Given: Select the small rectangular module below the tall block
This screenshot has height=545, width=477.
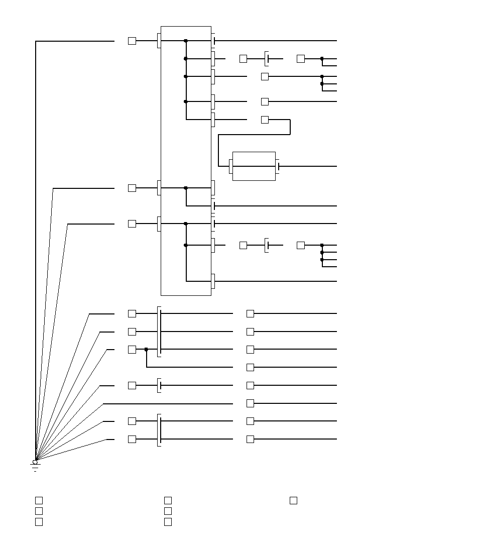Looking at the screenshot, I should coord(254,166).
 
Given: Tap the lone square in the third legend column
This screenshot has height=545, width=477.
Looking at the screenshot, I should coord(293,500).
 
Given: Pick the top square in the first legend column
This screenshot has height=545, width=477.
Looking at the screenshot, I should coord(39,500).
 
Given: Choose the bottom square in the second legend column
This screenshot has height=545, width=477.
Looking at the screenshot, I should coord(168,521).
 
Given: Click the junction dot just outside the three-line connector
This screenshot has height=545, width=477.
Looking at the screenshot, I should coord(146,349).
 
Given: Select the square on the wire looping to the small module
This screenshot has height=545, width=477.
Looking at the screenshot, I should coord(265,120).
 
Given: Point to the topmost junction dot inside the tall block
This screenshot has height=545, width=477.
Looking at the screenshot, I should coord(186,41).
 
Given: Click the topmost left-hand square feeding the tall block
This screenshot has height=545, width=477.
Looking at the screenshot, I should coord(132,41).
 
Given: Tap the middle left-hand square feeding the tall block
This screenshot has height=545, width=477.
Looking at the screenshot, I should coord(132,188).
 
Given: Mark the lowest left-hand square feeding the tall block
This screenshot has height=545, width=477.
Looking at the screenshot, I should coord(132,224).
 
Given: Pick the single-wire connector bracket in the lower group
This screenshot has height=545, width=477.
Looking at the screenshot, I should coord(159,385).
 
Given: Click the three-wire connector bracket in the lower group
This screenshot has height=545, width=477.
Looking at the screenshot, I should coord(159,332).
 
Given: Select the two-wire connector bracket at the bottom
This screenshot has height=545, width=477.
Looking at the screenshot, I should coord(159,430).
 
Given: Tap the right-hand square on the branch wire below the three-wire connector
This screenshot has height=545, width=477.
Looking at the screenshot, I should coord(250,367).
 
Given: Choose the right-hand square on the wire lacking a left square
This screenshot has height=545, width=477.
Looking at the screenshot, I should coord(250,403).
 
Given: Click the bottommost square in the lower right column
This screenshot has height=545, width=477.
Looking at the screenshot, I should coord(250,439).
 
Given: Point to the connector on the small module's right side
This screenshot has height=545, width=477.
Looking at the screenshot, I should coord(278,166).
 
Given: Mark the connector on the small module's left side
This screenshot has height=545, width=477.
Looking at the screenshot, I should coord(231,166).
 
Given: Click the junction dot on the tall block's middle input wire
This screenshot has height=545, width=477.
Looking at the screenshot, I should coord(186,188).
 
